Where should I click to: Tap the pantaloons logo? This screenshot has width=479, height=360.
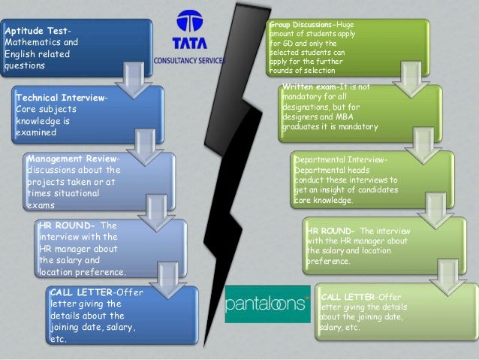(x=267, y=304)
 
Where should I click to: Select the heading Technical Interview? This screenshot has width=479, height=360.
(x=61, y=98)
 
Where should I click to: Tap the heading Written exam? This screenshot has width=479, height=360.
(x=309, y=88)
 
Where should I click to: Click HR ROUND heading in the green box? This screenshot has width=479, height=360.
(x=332, y=230)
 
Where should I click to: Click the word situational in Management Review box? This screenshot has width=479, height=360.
(x=86, y=193)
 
